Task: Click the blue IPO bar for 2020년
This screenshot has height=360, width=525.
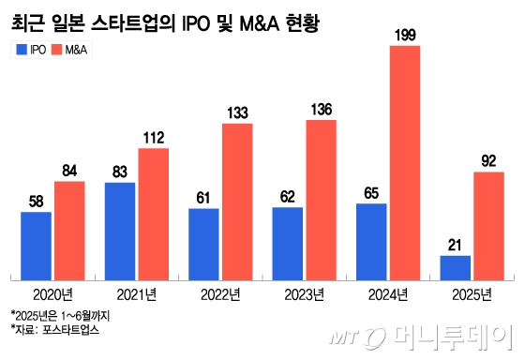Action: click(36, 245)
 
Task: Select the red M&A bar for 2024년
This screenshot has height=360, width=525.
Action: click(405, 161)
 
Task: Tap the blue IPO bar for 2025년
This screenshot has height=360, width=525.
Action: click(456, 266)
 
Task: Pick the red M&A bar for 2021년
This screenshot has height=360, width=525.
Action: click(153, 213)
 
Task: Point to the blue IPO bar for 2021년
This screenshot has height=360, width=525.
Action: click(119, 230)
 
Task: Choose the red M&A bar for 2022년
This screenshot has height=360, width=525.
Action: click(237, 201)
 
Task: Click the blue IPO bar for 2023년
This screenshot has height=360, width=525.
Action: click(288, 242)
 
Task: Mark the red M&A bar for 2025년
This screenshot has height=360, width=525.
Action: click(488, 224)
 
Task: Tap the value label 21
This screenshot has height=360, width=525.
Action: click(456, 246)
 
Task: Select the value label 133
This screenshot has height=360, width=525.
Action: click(237, 113)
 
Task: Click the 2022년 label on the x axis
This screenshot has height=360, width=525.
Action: click(221, 293)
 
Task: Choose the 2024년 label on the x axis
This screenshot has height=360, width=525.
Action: click(388, 293)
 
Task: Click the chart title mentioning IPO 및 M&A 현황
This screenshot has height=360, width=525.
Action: click(164, 20)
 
